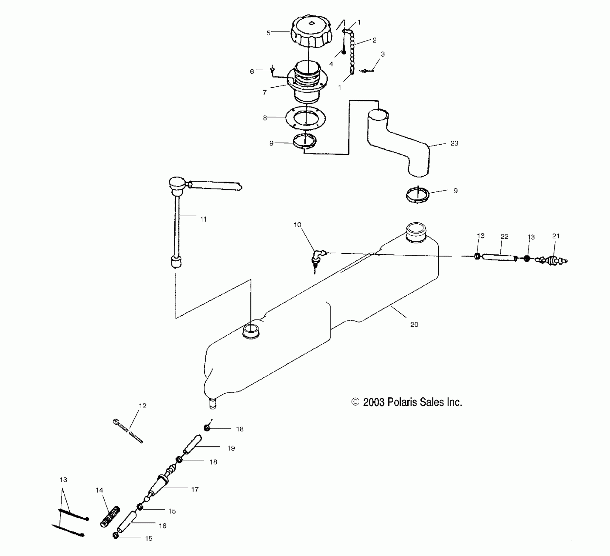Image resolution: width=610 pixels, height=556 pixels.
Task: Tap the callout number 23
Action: point(454,143)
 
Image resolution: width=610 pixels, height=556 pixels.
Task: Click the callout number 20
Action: point(414,324)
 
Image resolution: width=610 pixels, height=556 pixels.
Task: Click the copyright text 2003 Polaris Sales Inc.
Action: point(407,402)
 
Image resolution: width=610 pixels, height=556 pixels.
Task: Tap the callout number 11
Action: point(203,219)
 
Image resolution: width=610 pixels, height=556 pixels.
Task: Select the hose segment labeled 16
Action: point(126,523)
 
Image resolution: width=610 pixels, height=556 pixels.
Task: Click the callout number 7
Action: point(264,93)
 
